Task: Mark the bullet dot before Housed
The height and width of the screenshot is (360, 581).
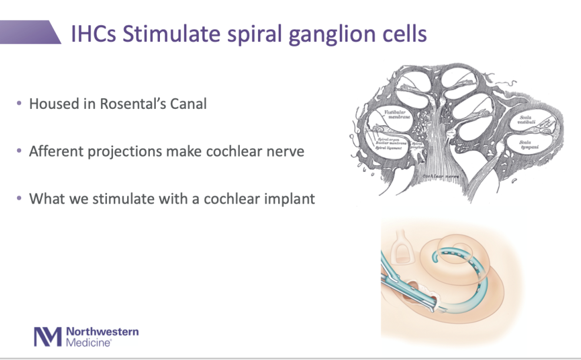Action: pos(19,104)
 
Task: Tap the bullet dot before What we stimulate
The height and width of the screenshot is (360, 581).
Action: pos(19,198)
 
